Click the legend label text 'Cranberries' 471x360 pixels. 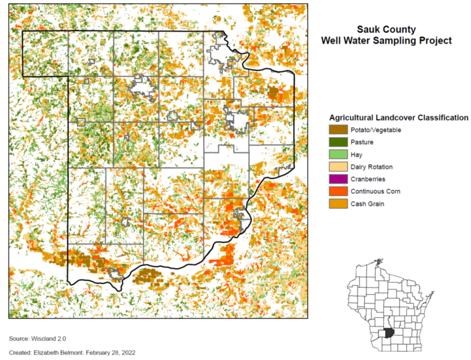(x=368, y=179)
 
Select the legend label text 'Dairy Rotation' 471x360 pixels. (x=372, y=167)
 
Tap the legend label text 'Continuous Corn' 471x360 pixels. (x=375, y=191)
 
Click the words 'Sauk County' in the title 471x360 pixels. (x=386, y=30)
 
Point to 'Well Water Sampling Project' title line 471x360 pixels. (x=386, y=40)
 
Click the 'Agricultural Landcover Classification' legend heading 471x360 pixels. (x=398, y=118)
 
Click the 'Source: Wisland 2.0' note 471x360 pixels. (x=37, y=339)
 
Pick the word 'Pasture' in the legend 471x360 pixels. (x=362, y=142)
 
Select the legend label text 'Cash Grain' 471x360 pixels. (x=367, y=204)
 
